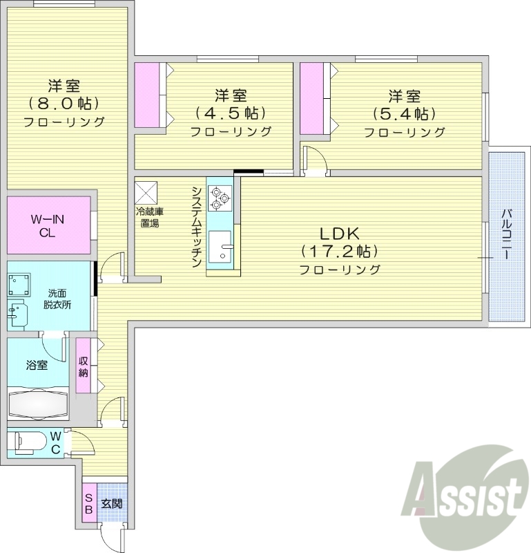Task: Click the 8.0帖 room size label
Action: [64, 104]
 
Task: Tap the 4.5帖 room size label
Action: [230, 113]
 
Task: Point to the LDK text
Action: [339, 233]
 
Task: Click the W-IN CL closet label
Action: [47, 225]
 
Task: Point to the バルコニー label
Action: [506, 235]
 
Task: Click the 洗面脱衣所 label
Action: [59, 299]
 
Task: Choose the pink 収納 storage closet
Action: [83, 366]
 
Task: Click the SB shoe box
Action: [89, 504]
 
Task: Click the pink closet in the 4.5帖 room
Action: [146, 95]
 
